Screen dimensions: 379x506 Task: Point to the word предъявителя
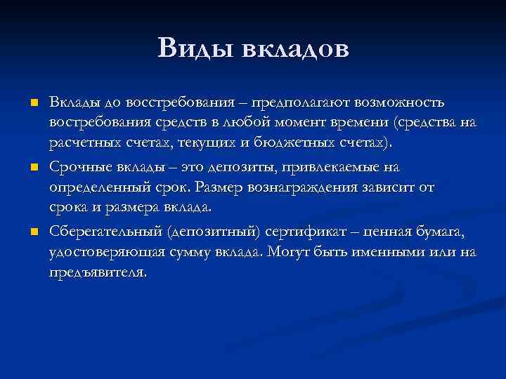click(x=98, y=273)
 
